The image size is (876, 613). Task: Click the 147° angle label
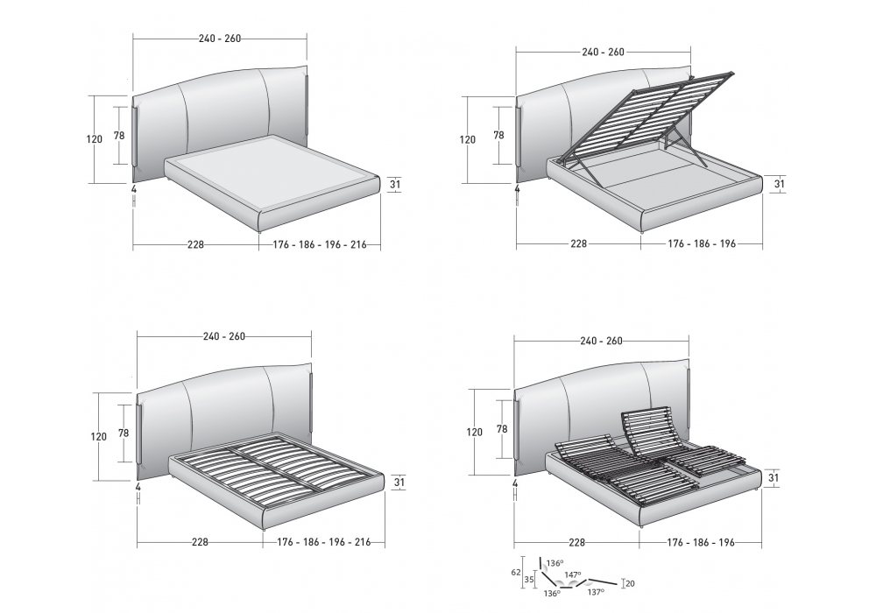click(573, 574)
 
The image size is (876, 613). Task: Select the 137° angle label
click(596, 592)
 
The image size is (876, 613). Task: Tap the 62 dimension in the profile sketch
click(516, 572)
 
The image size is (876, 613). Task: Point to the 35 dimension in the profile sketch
click(528, 580)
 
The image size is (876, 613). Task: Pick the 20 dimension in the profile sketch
click(630, 583)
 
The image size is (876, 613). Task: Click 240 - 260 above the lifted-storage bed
click(604, 52)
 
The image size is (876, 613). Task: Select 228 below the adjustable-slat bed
click(576, 542)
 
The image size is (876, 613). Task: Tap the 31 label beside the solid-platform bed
click(395, 184)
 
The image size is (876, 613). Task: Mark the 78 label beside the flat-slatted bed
click(124, 433)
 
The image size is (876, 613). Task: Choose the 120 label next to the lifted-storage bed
click(468, 139)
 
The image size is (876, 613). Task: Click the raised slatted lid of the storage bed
click(647, 116)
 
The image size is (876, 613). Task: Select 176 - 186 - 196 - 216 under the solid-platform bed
click(320, 244)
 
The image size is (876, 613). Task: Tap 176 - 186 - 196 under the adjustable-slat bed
click(701, 542)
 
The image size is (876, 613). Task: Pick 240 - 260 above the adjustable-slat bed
click(601, 341)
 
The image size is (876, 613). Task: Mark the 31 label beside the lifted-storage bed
click(780, 184)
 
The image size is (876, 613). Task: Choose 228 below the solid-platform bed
click(195, 244)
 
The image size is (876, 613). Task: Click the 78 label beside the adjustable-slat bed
click(502, 429)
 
